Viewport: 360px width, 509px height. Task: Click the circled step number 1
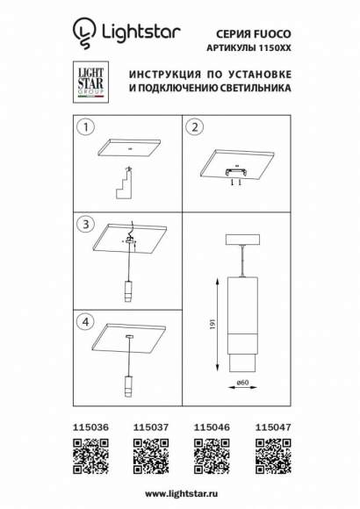click(85, 128)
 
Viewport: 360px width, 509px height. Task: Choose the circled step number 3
click(85, 225)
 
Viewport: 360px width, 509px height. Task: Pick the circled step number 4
click(85, 321)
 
